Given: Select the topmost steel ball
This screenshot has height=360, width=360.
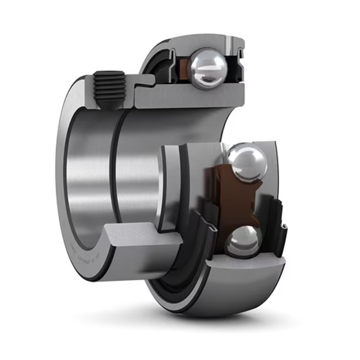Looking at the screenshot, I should pyautogui.click(x=208, y=68).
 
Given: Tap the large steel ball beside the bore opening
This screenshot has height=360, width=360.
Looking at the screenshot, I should pyautogui.click(x=248, y=161).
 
